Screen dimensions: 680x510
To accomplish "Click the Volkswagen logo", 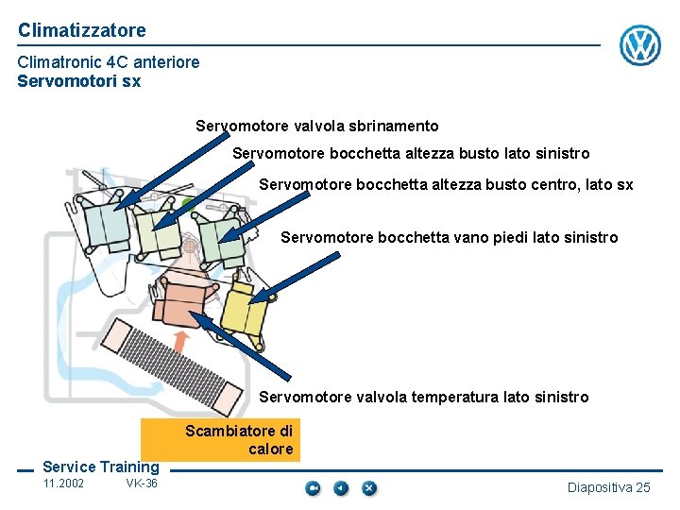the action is (x=640, y=44).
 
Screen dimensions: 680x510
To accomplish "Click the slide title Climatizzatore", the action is (x=82, y=30).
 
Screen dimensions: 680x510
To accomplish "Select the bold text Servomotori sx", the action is (x=78, y=81).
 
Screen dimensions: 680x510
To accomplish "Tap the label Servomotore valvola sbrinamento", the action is (x=317, y=126).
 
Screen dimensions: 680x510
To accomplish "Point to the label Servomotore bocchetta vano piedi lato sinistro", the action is (x=449, y=237).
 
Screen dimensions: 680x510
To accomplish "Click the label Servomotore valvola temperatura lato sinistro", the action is (x=423, y=397).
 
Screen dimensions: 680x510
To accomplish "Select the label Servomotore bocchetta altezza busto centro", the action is (x=446, y=184).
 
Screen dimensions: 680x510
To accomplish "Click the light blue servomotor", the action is (x=105, y=224).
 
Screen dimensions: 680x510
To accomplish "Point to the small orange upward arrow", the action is (x=186, y=341).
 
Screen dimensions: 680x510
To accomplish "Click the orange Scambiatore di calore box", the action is (x=220, y=439).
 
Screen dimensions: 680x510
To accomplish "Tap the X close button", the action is (x=369, y=487).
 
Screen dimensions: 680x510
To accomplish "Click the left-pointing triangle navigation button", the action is (x=341, y=487).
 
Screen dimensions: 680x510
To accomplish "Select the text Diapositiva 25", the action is (x=608, y=487).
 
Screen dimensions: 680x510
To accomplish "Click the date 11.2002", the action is (x=63, y=484).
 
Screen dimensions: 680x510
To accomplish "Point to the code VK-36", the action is (x=142, y=484).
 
